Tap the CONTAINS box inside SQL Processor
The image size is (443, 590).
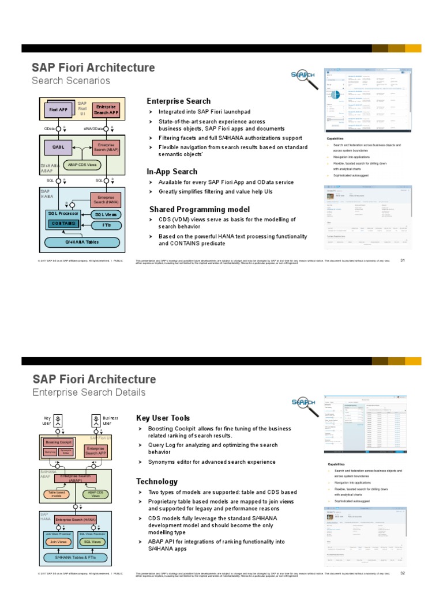pyautogui.click(x=63, y=223)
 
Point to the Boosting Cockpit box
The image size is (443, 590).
pyautogui.click(x=58, y=442)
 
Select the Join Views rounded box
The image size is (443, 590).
pyautogui.click(x=58, y=542)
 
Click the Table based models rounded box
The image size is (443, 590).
pyautogui.click(x=57, y=494)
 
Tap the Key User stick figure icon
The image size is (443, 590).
pyautogui.click(x=58, y=419)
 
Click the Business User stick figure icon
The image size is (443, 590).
pyautogui.click(x=95, y=419)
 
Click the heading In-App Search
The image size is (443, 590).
pyautogui.click(x=172, y=172)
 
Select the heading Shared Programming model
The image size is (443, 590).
pyautogui.click(x=200, y=209)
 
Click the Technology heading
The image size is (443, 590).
pyautogui.click(x=157, y=481)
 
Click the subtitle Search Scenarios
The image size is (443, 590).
pyautogui.click(x=70, y=81)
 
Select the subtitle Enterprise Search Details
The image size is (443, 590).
pyautogui.click(x=89, y=392)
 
